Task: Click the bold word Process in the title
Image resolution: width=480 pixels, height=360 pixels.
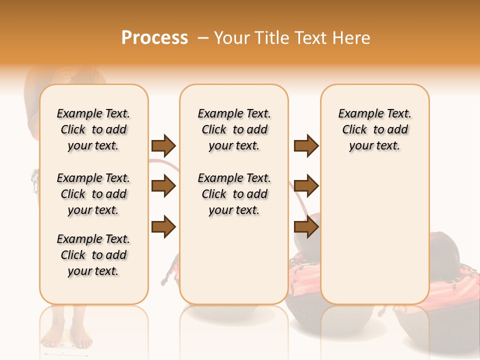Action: tap(154, 38)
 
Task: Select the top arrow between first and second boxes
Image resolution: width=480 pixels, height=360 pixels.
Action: tap(163, 145)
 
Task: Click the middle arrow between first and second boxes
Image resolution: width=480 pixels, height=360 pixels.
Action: tap(163, 186)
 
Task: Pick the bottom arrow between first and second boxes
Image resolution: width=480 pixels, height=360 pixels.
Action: tap(163, 227)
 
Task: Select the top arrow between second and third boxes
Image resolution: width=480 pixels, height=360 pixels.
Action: tap(306, 145)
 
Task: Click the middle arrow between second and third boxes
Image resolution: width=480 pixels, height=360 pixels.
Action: tap(306, 186)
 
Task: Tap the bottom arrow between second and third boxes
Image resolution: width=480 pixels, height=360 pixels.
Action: tap(306, 227)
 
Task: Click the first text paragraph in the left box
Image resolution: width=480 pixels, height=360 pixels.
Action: tap(93, 129)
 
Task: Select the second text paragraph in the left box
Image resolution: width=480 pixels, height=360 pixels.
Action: tap(93, 194)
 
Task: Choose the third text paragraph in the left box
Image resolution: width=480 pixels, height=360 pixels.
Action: tap(93, 255)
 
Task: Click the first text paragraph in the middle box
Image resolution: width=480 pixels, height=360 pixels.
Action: tap(234, 129)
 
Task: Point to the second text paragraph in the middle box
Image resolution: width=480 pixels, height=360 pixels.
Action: tap(234, 194)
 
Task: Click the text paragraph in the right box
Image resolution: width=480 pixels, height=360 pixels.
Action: tap(374, 129)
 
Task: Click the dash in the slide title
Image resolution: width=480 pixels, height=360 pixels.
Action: tap(202, 38)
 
